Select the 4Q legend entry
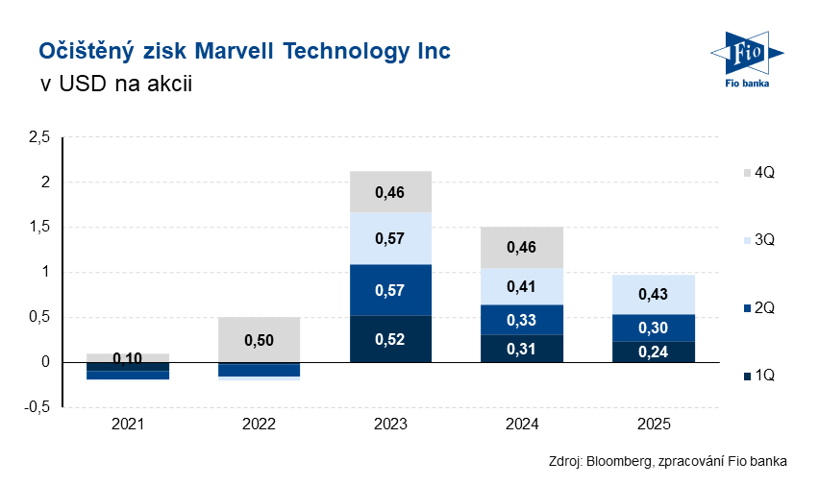[757, 172]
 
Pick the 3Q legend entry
[757, 240]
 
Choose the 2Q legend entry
[757, 308]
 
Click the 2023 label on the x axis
[390, 424]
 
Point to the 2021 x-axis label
[128, 424]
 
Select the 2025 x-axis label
[653, 424]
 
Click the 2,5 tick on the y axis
[38, 138]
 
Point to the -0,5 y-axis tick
[37, 407]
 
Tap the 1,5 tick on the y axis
[38, 228]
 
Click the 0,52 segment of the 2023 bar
[390, 339]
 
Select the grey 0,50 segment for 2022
[260, 341]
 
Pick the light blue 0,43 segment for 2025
[653, 294]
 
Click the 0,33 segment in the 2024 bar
[522, 320]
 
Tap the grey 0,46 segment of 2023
[390, 192]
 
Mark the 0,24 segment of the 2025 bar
[653, 352]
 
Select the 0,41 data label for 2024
[522, 285]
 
